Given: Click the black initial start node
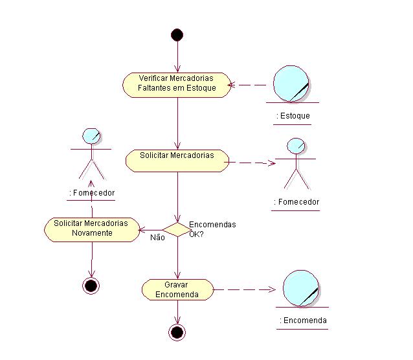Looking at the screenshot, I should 177,35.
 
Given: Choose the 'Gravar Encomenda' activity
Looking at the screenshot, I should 177,289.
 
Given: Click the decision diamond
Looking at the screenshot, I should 176,229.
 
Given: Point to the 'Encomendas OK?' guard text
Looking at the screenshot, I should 212,229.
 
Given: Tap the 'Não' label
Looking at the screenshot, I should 157,238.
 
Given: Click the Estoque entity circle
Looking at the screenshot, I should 292,84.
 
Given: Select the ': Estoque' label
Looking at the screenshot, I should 293,117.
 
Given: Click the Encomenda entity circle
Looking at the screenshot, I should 301,289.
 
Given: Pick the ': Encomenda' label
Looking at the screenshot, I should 302,321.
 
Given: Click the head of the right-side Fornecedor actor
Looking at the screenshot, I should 295,145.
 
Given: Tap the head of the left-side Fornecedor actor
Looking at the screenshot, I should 91,136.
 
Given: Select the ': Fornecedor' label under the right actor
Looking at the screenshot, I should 296,202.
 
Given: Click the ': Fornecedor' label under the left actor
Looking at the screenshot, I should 91,193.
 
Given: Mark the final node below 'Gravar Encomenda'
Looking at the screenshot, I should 177,333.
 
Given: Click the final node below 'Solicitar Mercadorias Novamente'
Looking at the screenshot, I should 91,286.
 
